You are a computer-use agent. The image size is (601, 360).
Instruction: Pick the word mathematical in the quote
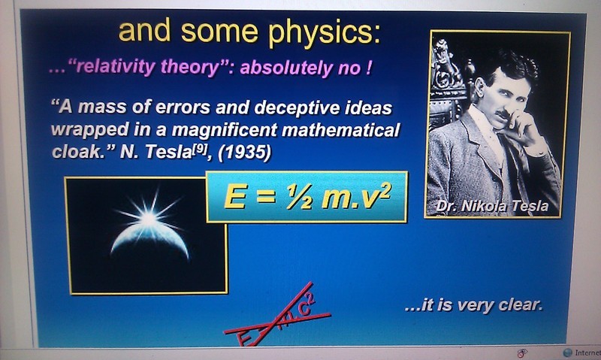tap(340, 130)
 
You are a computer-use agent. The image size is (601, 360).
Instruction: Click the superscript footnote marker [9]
tap(200, 147)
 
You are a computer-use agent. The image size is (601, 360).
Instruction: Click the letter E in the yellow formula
tap(234, 197)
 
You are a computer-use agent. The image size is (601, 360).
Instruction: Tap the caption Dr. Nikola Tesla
tap(492, 206)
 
